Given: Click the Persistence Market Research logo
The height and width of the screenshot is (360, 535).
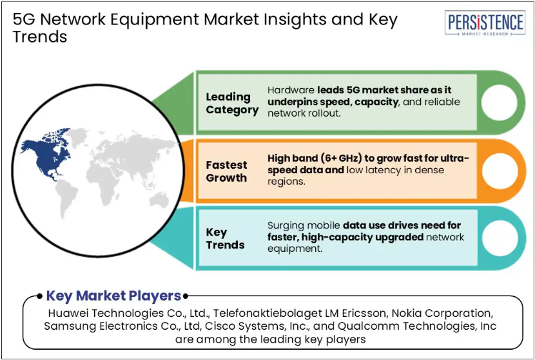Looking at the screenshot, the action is pos(485,23).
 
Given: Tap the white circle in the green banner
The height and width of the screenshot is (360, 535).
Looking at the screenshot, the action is pos(499,102).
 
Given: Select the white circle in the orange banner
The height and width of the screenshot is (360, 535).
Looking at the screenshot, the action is pos(499,171).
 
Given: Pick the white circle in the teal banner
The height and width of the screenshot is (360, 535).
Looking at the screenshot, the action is pos(499,238).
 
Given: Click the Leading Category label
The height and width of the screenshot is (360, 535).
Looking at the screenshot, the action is pos(232,103).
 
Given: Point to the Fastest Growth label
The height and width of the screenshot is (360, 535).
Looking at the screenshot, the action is pos(226,171).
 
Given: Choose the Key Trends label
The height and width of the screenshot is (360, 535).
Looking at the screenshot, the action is pos(225,238).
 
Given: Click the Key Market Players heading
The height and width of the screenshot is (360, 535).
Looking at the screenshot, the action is pos(113,296).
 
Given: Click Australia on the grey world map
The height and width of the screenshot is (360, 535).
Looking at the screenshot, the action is pos(159,200).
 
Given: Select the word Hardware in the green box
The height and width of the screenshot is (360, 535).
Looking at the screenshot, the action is pos(291,90).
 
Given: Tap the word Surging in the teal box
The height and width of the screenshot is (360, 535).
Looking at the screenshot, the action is pos(287,225).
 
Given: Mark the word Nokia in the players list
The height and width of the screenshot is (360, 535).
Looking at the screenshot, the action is pos(404,313).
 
